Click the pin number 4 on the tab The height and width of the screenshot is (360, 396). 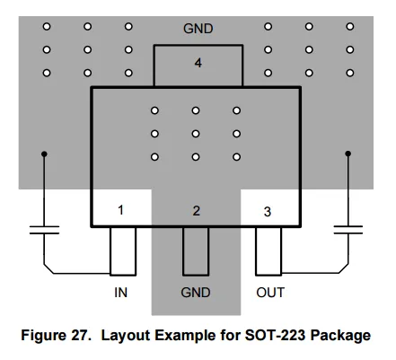[x=198, y=63]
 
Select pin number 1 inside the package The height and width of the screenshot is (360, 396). [x=120, y=210]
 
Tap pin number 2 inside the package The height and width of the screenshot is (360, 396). [x=196, y=211]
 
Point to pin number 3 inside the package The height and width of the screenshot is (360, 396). [x=268, y=212]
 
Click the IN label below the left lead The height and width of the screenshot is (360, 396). [x=121, y=293]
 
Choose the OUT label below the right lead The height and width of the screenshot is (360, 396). [x=270, y=293]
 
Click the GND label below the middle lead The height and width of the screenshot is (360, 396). [x=196, y=293]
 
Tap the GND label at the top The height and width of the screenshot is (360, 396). [x=198, y=29]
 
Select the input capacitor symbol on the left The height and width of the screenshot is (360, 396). [x=44, y=230]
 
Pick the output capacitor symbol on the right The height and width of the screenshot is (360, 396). [x=348, y=230]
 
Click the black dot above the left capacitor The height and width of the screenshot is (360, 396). [x=44, y=154]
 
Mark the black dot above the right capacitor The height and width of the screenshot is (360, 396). [x=348, y=154]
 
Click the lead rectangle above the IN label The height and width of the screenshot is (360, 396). [x=123, y=251]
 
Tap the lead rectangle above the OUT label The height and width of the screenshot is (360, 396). [x=268, y=251]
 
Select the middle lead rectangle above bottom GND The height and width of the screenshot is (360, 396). [x=196, y=251]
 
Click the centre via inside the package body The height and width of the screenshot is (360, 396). [x=196, y=134]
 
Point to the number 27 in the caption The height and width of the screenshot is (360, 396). [x=81, y=335]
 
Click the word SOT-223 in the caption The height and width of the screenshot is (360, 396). [x=276, y=335]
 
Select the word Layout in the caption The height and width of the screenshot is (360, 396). [x=126, y=336]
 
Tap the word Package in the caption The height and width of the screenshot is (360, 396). [x=340, y=336]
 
